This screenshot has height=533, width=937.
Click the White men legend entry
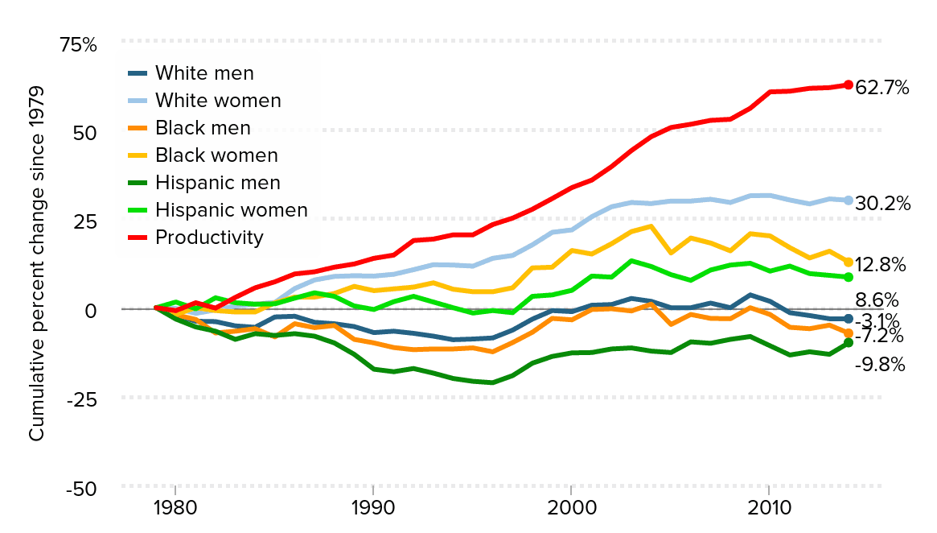[204, 73]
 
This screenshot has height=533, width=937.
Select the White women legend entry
[218, 101]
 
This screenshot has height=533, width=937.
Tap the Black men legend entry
[203, 128]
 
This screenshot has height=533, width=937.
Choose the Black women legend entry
[216, 155]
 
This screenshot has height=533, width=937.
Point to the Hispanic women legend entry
[231, 210]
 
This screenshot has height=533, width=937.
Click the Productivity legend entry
[209, 238]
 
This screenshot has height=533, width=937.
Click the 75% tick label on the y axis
[77, 45]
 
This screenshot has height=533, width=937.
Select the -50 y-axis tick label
[79, 490]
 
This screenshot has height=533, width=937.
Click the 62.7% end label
[882, 88]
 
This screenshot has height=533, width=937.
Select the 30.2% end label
[882, 204]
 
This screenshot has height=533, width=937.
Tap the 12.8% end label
[881, 265]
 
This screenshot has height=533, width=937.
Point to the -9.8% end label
[879, 365]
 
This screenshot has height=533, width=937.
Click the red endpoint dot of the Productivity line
[848, 85]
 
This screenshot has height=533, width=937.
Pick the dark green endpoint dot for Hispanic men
[848, 343]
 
